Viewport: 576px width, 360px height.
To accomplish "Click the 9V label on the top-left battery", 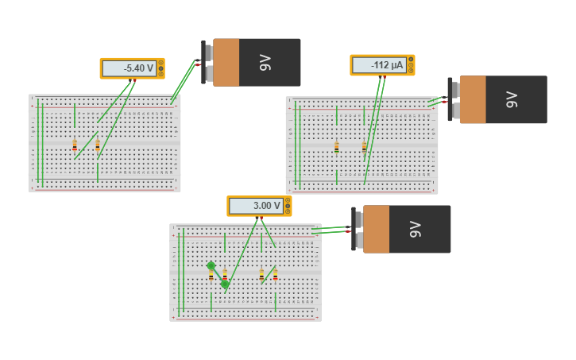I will pyautogui.click(x=265, y=62).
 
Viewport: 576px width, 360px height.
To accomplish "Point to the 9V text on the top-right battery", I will pyautogui.click(x=512, y=99).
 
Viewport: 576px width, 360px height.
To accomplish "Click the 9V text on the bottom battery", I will pyautogui.click(x=415, y=229).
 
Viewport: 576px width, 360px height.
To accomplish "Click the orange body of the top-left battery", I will pyautogui.click(x=226, y=62).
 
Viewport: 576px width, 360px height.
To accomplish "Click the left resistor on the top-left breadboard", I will pyautogui.click(x=75, y=145).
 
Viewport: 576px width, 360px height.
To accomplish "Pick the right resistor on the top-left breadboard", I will pyautogui.click(x=98, y=145).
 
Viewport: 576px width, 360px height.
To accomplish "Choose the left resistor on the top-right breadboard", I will pyautogui.click(x=337, y=147).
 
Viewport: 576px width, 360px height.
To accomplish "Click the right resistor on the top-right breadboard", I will pyautogui.click(x=364, y=147).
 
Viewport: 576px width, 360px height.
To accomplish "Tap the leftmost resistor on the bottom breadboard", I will pyautogui.click(x=211, y=276).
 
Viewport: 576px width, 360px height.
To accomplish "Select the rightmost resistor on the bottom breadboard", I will pyautogui.click(x=275, y=276).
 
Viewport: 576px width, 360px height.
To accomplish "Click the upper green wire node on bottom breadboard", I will pyautogui.click(x=211, y=265).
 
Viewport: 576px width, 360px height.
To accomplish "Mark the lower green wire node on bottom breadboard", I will pyautogui.click(x=225, y=284).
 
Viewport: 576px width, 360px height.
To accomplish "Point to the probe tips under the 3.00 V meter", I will pyautogui.click(x=259, y=218).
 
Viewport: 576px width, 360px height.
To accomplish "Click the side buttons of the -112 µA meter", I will pyautogui.click(x=411, y=65).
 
